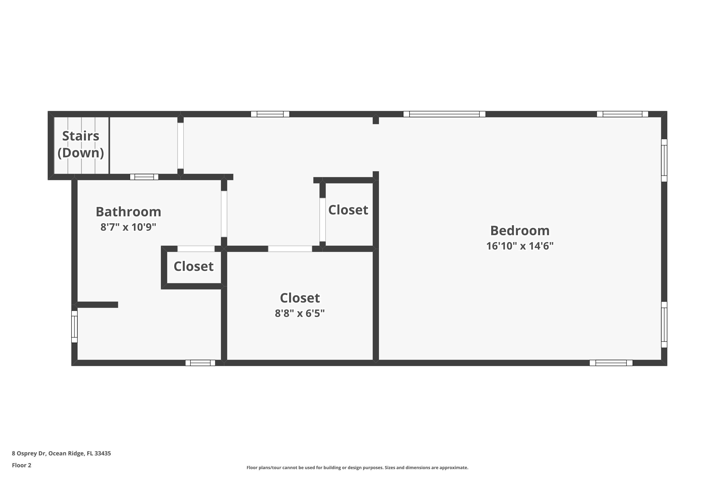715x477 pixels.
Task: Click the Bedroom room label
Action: tap(520, 231)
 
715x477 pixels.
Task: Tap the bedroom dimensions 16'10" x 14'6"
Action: tap(520, 246)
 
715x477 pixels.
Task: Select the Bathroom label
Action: tap(128, 212)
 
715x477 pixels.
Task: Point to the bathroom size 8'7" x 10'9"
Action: tap(128, 227)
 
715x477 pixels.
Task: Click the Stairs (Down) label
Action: tap(81, 144)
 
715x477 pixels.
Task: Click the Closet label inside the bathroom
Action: tap(193, 266)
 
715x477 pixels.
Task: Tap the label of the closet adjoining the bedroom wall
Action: tap(348, 210)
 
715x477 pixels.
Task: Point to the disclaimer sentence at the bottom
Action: tap(357, 467)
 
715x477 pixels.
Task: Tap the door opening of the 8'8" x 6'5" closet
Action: tap(290, 249)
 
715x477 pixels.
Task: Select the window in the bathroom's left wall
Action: tap(74, 327)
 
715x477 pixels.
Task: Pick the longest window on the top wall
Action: tap(444, 114)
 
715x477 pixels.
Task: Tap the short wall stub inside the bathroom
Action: tap(97, 305)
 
